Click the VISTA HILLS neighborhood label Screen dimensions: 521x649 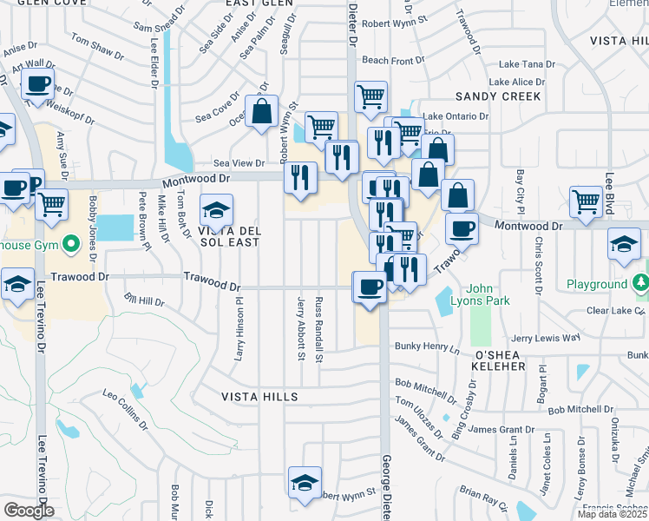tap(247, 397)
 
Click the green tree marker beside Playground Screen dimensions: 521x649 tap(641, 283)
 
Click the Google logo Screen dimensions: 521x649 tap(28, 511)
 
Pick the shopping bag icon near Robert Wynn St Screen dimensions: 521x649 tap(261, 112)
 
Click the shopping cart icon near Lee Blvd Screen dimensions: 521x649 tap(587, 202)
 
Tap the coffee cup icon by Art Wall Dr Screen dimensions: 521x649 tap(37, 85)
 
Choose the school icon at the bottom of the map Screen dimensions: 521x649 tap(305, 484)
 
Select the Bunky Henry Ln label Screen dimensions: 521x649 tap(426, 348)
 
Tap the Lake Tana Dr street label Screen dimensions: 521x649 tap(528, 65)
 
